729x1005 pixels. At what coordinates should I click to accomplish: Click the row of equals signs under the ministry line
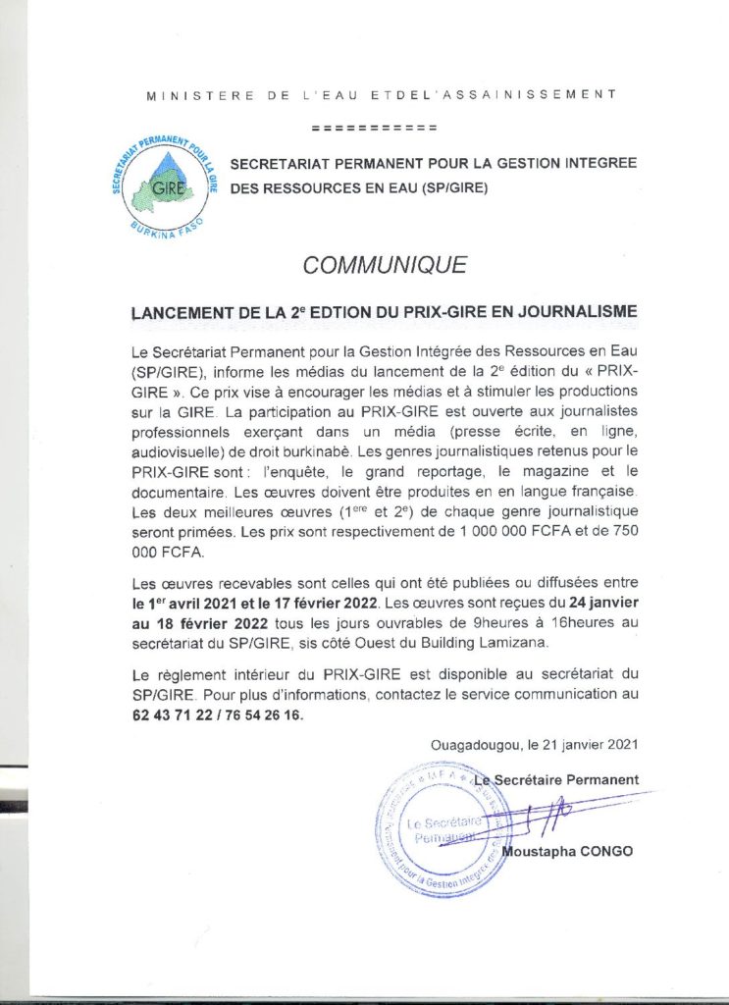pos(374,129)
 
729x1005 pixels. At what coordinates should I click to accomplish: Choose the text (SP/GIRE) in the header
pos(453,185)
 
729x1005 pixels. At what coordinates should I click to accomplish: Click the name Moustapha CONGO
pos(567,851)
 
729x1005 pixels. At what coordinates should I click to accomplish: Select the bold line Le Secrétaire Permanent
pos(555,779)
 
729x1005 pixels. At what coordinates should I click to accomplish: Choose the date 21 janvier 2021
pos(588,746)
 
